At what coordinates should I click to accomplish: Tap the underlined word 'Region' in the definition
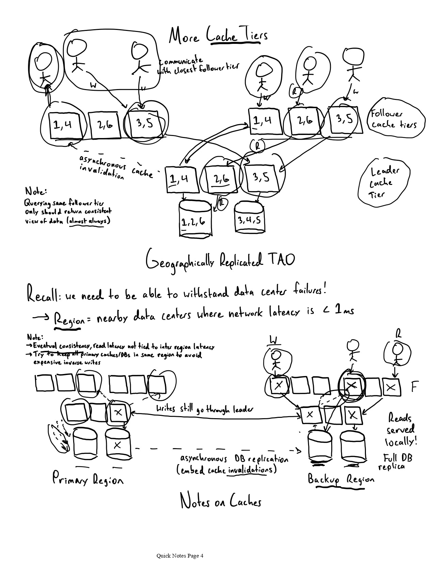[68, 320]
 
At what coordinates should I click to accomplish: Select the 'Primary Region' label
[87, 479]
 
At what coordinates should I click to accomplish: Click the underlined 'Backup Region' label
[340, 479]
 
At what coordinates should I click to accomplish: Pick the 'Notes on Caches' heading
[221, 501]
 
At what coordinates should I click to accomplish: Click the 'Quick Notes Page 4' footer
[180, 556]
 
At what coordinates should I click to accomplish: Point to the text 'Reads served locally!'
[401, 430]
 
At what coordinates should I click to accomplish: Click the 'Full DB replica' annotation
[396, 462]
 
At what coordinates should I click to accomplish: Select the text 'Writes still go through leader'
[204, 409]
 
